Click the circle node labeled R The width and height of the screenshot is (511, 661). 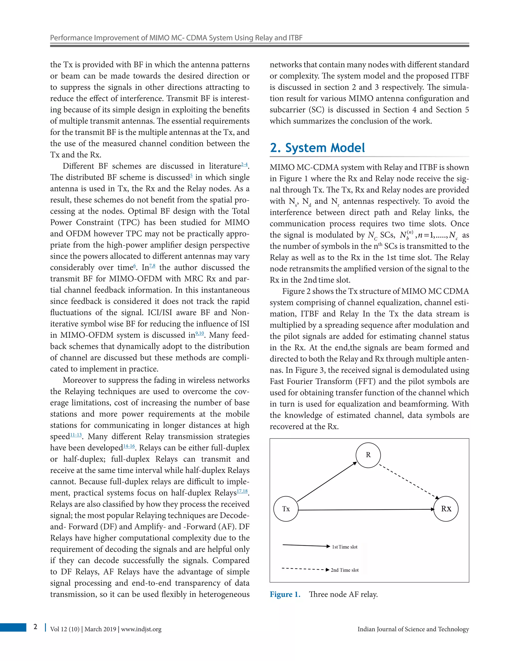[368, 455]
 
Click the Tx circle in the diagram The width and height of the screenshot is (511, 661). [286, 509]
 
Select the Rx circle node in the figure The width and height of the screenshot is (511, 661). [446, 509]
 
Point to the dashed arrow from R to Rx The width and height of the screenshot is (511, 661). [409, 482]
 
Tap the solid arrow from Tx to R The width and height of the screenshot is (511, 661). [327, 482]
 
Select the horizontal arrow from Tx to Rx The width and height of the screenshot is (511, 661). [366, 510]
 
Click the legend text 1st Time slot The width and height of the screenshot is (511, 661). [345, 547]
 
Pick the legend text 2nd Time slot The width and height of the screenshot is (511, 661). [345, 570]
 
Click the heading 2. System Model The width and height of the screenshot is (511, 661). [317, 148]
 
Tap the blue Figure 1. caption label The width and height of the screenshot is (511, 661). [285, 594]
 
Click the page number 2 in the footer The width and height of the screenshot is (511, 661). [35, 627]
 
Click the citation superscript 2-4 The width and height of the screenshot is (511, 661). [244, 165]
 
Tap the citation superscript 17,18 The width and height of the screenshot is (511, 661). [242, 491]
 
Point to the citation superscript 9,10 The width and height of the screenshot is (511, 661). [200, 333]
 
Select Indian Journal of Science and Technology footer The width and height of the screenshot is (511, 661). [413, 629]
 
